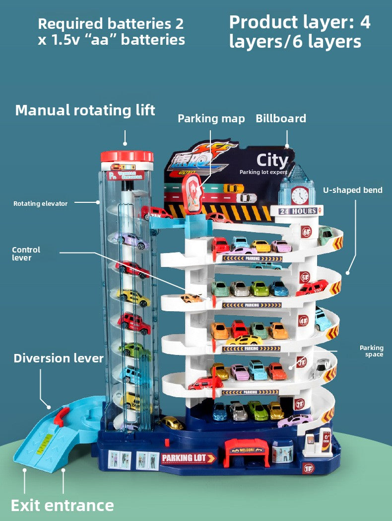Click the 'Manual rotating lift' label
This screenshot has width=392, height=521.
pyautogui.click(x=85, y=110)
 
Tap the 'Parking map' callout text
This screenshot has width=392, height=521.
pyautogui.click(x=211, y=118)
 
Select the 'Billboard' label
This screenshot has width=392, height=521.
pyautogui.click(x=281, y=118)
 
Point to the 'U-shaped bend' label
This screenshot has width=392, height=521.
pyautogui.click(x=353, y=190)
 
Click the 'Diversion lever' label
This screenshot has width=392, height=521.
pyautogui.click(x=59, y=358)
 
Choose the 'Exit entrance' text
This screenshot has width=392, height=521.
pyautogui.click(x=63, y=506)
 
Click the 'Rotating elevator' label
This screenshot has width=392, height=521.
pyautogui.click(x=40, y=203)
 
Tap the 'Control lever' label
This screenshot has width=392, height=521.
pyautogui.click(x=26, y=254)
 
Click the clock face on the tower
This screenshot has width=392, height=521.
pyautogui.click(x=300, y=195)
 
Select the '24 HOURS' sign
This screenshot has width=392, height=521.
pyautogui.click(x=298, y=211)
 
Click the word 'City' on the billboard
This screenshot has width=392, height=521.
pyautogui.click(x=272, y=161)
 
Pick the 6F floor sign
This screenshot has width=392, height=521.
pyautogui.click(x=306, y=232)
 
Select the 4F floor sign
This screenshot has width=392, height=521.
pyautogui.click(x=303, y=320)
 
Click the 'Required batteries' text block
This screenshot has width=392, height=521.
pyautogui.click(x=111, y=31)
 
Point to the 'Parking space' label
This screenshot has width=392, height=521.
pyautogui.click(x=372, y=351)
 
